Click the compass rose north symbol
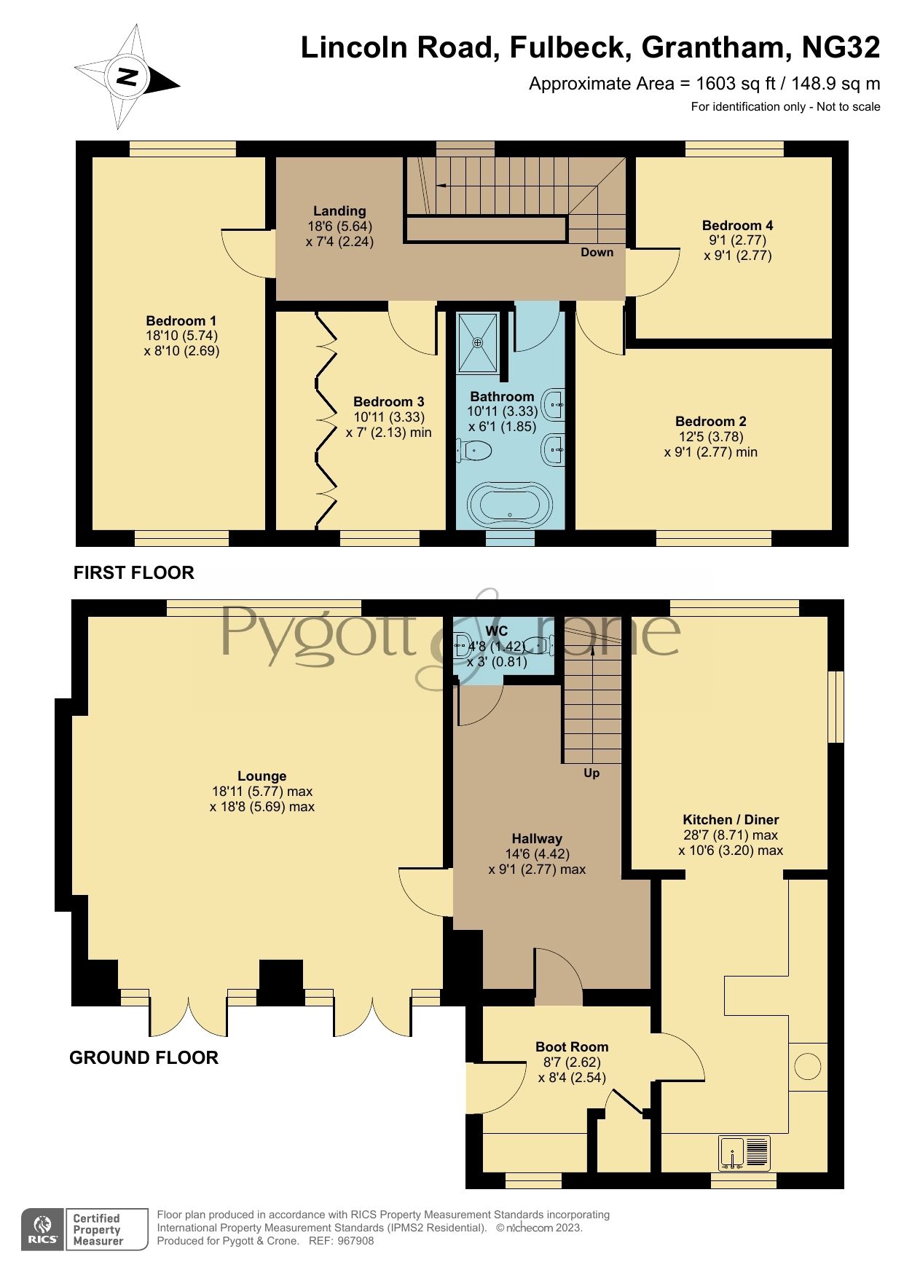coord(128,76)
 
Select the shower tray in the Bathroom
coord(479,342)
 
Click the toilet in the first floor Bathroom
coord(474,451)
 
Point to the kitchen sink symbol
coord(744,1153)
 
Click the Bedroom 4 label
coord(737,225)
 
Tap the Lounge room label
coord(262,776)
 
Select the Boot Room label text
coord(572,1046)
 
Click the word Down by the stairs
coord(597,253)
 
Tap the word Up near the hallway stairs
coord(591,773)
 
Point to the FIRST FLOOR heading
coord(134,573)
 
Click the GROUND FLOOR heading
coord(144,1057)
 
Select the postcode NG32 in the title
coord(841,48)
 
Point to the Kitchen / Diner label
coord(731,819)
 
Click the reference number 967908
coord(355,1241)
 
